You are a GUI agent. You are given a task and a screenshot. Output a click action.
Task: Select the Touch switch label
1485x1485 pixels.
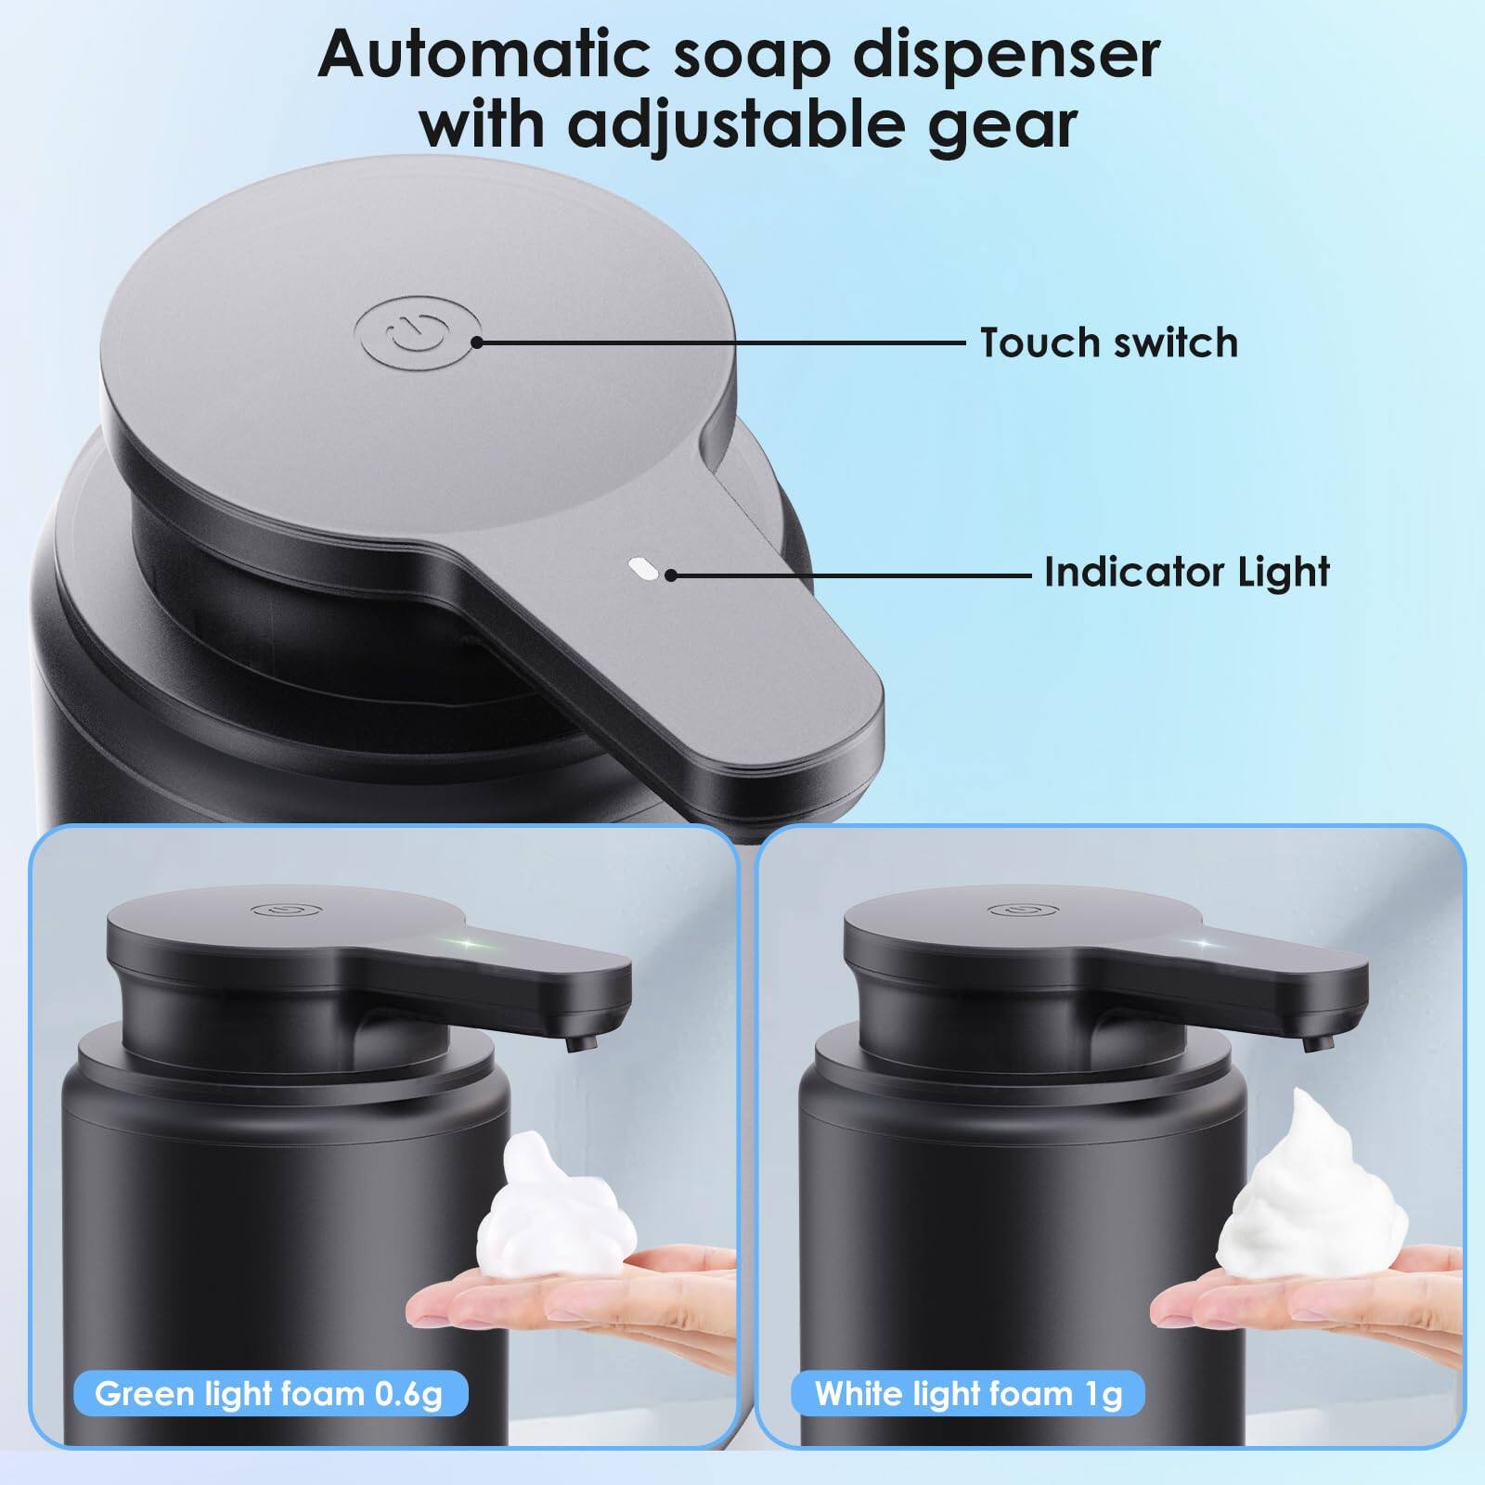click(x=1109, y=342)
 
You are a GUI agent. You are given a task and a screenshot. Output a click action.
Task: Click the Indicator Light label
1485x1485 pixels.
click(x=1187, y=572)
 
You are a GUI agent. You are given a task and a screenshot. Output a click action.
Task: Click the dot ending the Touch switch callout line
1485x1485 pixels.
click(x=477, y=342)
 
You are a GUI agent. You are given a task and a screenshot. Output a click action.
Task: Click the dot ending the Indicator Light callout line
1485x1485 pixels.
click(x=670, y=575)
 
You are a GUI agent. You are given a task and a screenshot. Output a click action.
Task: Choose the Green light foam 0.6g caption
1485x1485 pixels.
click(x=268, y=1393)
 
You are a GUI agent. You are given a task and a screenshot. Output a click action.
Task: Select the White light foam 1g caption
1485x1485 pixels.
click(x=968, y=1393)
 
